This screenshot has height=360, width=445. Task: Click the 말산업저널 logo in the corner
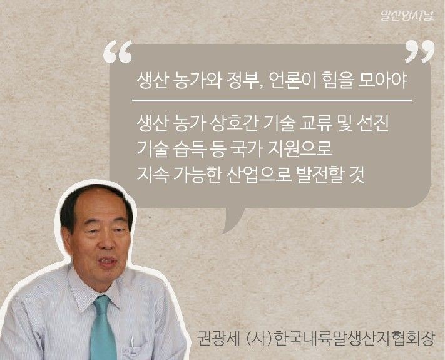407,15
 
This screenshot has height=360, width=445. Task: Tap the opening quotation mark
118,51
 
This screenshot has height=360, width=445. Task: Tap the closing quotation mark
419,51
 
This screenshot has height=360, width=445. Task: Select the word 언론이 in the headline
292,81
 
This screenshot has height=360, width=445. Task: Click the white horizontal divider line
272,100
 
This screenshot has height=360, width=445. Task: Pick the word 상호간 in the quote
234,123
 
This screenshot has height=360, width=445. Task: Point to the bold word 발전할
319,174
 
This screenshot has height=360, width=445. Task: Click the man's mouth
106,262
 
